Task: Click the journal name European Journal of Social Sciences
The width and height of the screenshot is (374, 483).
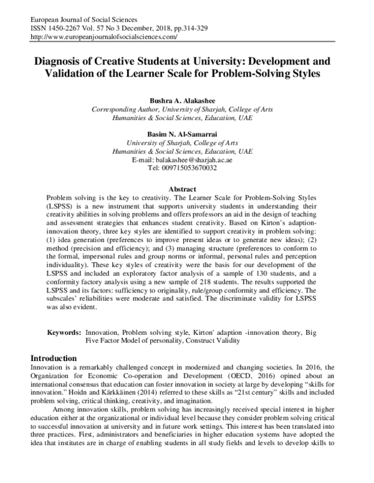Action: (x=60, y=19)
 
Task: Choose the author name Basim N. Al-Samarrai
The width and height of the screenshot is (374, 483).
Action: (x=186, y=133)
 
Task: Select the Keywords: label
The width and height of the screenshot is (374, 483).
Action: (x=64, y=333)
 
